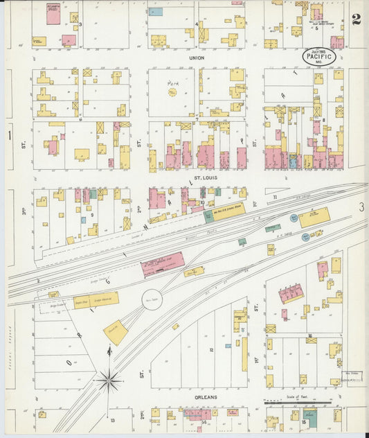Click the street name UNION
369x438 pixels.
pyautogui.click(x=197, y=58)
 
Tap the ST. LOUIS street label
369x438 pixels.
pyautogui.click(x=206, y=178)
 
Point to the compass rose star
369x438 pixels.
pyautogui.click(x=109, y=379)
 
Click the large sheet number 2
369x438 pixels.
pyautogui.click(x=355, y=19)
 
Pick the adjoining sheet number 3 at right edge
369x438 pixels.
pyautogui.click(x=361, y=207)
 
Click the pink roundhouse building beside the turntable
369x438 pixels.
pyautogui.click(x=163, y=264)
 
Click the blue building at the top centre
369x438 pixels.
pyautogui.click(x=156, y=12)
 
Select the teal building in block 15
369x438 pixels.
pyautogui.click(x=310, y=418)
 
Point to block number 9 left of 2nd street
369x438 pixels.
pyautogui.click(x=91, y=215)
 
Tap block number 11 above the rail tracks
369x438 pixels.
pyautogui.click(x=275, y=198)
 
